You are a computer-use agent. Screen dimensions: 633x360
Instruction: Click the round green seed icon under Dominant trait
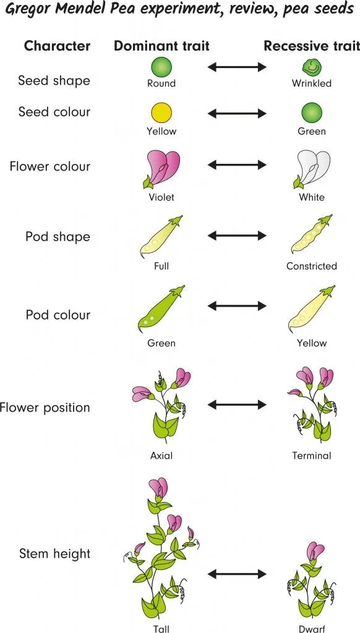pyautogui.click(x=161, y=66)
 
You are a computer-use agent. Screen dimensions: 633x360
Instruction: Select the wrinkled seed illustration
pyautogui.click(x=312, y=67)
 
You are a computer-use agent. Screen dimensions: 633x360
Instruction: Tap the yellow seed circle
pyautogui.click(x=161, y=113)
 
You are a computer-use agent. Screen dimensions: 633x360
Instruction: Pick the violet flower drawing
pyautogui.click(x=161, y=169)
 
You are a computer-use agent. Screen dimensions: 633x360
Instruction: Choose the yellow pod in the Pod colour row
pyautogui.click(x=311, y=310)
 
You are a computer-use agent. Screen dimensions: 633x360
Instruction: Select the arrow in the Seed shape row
pyautogui.click(x=237, y=66)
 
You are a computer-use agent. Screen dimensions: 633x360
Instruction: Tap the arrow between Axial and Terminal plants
pyautogui.click(x=237, y=405)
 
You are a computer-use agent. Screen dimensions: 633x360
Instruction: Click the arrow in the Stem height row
pyautogui.click(x=237, y=574)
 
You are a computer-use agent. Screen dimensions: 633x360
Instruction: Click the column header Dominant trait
pyautogui.click(x=161, y=46)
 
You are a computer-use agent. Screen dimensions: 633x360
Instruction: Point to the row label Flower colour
pyautogui.click(x=50, y=166)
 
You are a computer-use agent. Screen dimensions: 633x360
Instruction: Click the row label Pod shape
pyautogui.click(x=58, y=237)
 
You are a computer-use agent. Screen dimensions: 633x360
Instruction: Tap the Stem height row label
pyautogui.click(x=54, y=554)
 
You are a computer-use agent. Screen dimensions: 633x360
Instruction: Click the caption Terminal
pyautogui.click(x=312, y=456)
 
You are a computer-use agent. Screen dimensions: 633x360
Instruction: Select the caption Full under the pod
pyautogui.click(x=161, y=266)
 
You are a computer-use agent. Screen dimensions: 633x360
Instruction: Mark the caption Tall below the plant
pyautogui.click(x=161, y=628)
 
